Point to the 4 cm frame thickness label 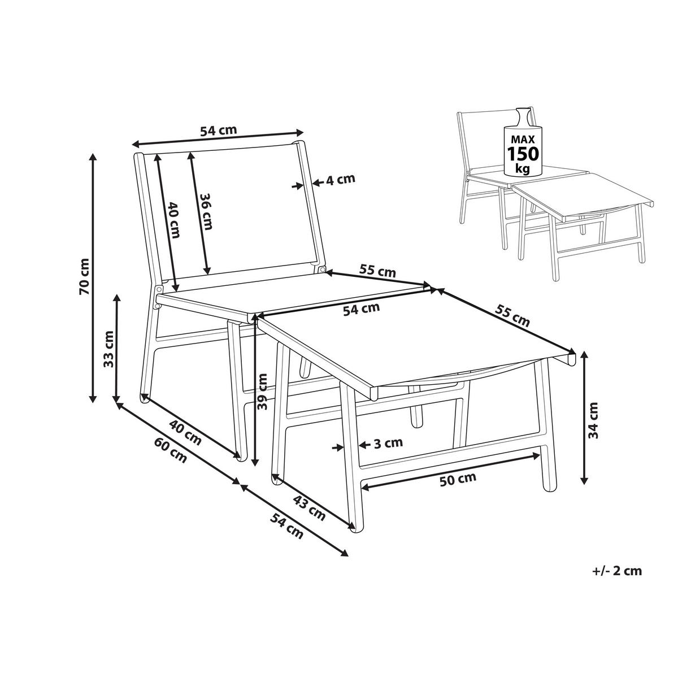340,180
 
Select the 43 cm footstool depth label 309,508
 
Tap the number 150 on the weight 522,154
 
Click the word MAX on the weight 523,140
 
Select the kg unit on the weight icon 522,169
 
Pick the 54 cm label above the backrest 218,130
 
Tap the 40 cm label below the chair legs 185,433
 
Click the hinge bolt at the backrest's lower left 159,289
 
